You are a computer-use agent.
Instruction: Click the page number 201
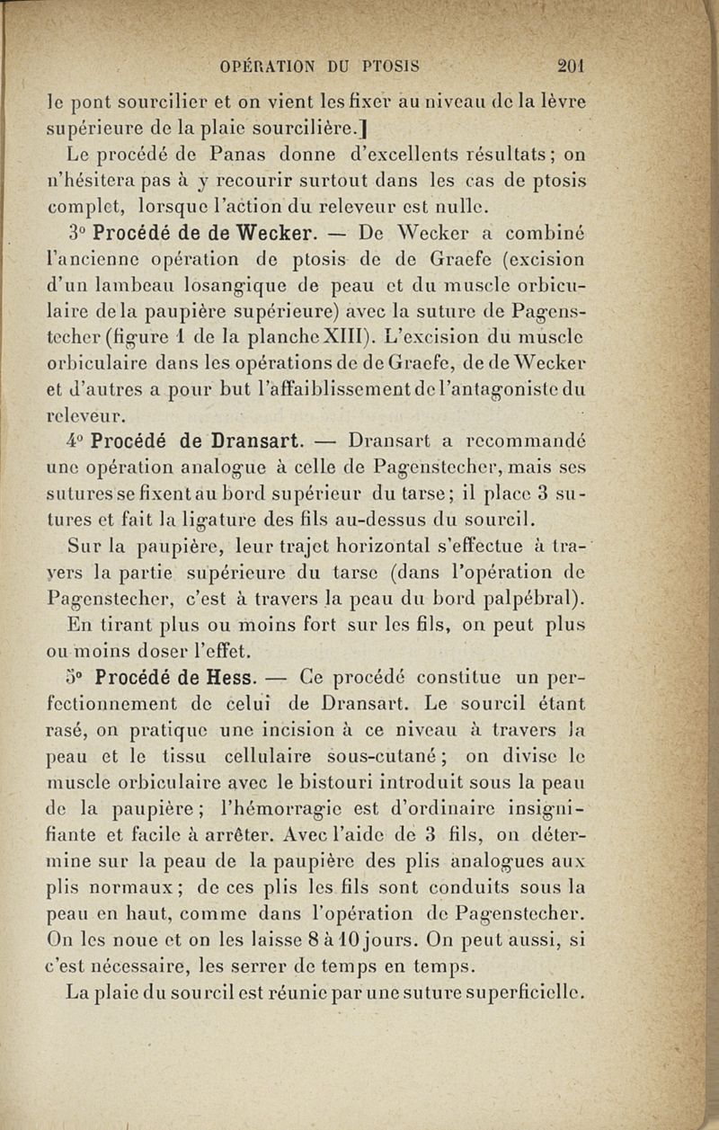coord(571,66)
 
